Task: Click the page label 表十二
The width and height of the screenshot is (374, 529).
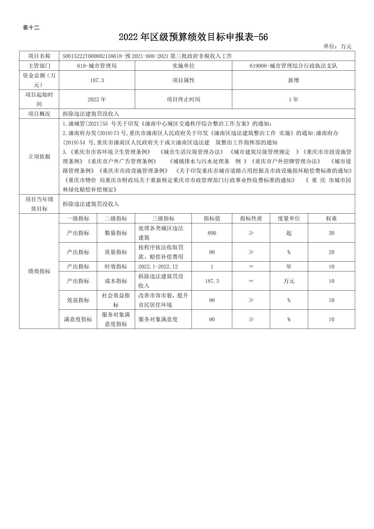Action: [31, 28]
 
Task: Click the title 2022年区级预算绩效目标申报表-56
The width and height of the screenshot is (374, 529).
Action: [193, 37]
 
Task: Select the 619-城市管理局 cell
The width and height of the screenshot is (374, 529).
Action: [97, 66]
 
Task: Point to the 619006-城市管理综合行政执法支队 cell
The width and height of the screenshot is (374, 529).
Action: [293, 66]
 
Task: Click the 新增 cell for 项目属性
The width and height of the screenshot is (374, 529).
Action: [293, 80]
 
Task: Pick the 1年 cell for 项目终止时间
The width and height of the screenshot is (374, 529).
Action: [293, 100]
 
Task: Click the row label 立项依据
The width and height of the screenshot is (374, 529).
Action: [39, 157]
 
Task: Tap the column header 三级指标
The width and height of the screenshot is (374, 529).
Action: [163, 219]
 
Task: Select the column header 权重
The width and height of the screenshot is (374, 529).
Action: [331, 219]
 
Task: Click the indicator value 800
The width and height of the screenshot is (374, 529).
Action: [212, 233]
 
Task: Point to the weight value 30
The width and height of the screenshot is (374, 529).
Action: [331, 233]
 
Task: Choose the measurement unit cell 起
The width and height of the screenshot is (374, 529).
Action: [289, 233]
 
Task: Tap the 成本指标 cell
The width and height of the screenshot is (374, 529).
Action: [116, 281]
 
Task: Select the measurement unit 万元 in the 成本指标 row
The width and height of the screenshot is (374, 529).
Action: [289, 281]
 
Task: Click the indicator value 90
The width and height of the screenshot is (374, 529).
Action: [212, 319]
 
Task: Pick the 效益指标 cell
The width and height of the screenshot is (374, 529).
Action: [78, 300]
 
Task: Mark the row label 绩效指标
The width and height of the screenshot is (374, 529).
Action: [39, 271]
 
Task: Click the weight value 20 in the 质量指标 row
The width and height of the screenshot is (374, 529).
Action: [331, 252]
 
